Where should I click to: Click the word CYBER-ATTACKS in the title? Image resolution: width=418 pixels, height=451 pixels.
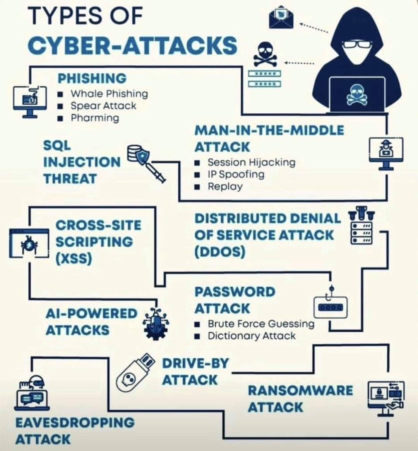tap(132, 46)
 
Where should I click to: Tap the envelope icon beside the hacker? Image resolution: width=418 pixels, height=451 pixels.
tap(281, 18)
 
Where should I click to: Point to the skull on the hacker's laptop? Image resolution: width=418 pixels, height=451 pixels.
tap(357, 94)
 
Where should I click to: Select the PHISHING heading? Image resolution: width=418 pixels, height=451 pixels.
tap(92, 78)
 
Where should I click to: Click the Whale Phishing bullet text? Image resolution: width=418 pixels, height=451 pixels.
tap(109, 94)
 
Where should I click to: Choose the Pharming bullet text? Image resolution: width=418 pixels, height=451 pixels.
tap(95, 118)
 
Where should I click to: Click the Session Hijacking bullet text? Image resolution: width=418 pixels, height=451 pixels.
tap(252, 162)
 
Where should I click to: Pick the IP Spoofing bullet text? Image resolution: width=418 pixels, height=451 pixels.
tap(236, 174)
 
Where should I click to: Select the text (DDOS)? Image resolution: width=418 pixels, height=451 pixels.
tap(219, 252)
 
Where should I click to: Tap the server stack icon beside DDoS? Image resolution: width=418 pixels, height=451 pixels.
tap(361, 225)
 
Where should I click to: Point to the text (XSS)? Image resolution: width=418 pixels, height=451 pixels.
tap(74, 259)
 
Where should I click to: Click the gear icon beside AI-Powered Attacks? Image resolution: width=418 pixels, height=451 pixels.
tap(156, 324)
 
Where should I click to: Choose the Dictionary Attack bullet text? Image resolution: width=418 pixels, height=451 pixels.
tap(252, 336)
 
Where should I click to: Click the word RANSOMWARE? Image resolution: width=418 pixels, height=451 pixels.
tap(300, 391)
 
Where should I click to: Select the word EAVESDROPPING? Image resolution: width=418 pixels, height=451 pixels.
tap(75, 423)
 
